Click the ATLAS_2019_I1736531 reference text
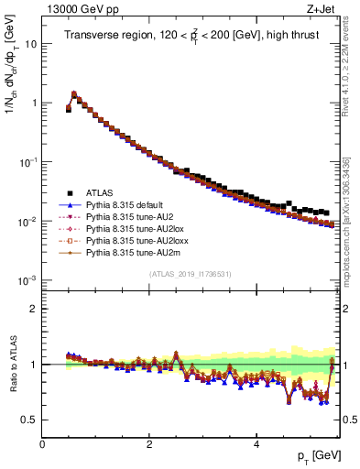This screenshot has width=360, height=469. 191,273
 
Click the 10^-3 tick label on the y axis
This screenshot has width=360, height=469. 27,280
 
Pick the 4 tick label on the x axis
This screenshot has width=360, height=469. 256,444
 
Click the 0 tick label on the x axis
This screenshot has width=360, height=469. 42,444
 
